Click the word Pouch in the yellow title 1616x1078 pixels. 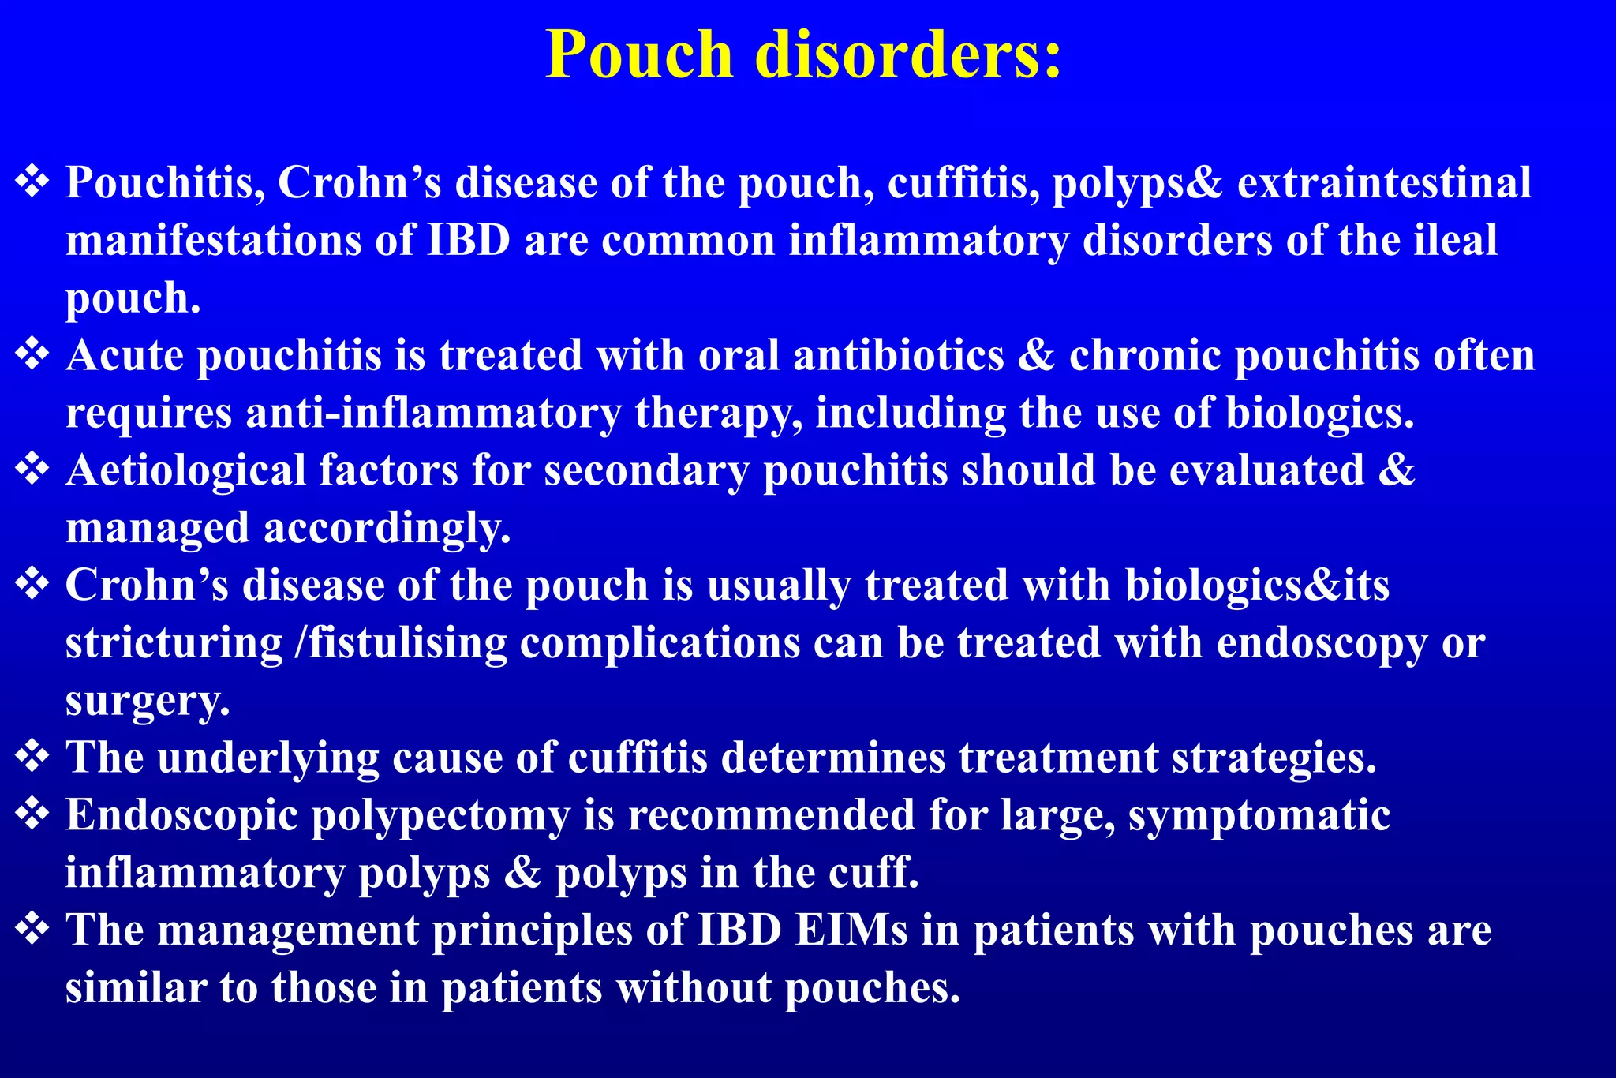[640, 54]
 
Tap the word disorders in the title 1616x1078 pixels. [908, 54]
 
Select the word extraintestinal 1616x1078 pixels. [1384, 183]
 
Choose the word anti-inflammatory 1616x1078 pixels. [434, 413]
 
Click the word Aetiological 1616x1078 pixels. [185, 470]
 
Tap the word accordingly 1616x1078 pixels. [387, 528]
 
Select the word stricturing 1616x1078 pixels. [174, 643]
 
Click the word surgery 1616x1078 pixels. [148, 701]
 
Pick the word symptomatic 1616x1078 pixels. [1259, 815]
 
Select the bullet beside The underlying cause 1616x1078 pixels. [32, 758]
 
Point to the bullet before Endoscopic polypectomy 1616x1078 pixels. [32, 815]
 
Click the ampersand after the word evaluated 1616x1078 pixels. [1397, 470]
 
